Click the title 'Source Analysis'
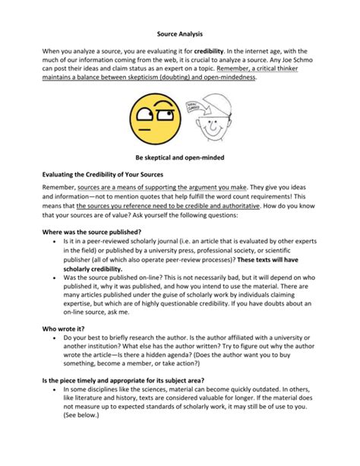point(179,34)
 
